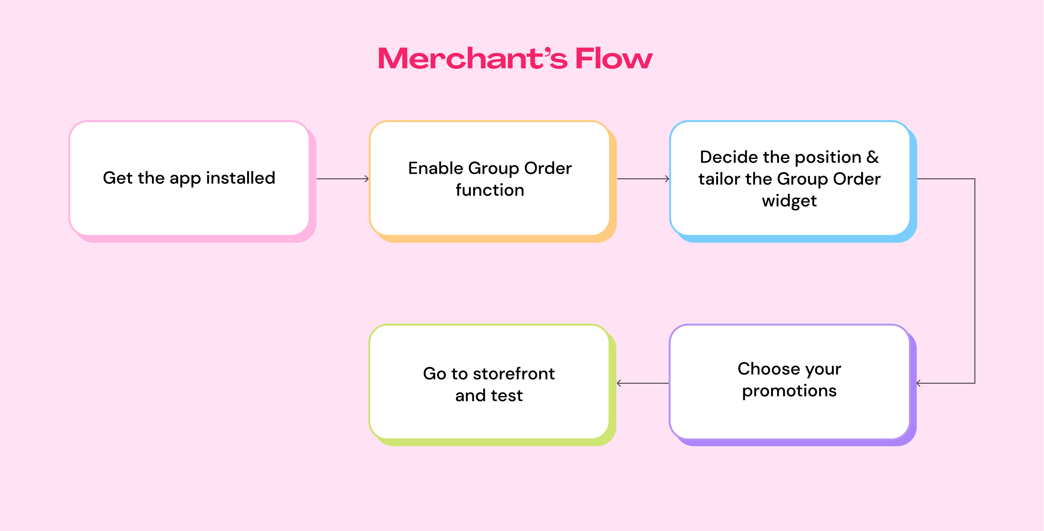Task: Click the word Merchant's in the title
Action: pos(473,58)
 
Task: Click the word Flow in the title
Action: pos(614,58)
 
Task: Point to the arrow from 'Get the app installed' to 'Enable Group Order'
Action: pos(343,179)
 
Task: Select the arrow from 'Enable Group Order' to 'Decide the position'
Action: pos(643,179)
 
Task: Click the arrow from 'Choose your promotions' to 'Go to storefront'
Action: pos(642,383)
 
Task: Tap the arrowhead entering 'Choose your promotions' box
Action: pos(919,383)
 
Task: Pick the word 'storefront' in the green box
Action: pos(514,373)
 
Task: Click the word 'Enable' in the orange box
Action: pos(435,168)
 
